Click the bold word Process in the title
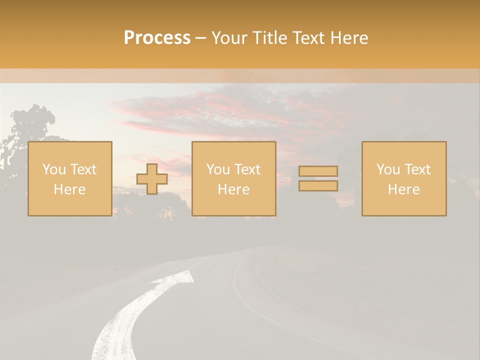tap(157, 38)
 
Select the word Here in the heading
tap(349, 38)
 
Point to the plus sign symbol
tap(152, 179)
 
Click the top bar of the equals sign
tap(318, 171)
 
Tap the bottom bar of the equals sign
tap(318, 186)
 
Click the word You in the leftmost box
tap(53, 169)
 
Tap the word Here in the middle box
tap(233, 189)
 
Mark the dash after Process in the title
tap(200, 38)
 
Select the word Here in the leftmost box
tap(69, 189)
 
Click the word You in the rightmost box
tap(387, 169)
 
